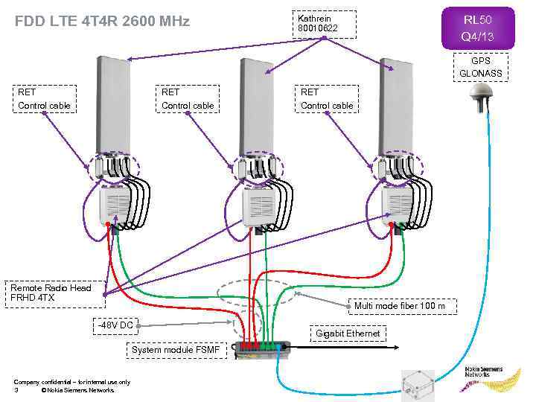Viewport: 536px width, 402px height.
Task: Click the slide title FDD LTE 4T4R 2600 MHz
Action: pyautogui.click(x=102, y=22)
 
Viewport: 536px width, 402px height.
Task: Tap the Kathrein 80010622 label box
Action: pyautogui.click(x=324, y=24)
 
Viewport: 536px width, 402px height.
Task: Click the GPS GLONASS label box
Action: pyautogui.click(x=480, y=67)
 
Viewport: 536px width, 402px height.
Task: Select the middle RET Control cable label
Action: pyautogui.click(x=188, y=99)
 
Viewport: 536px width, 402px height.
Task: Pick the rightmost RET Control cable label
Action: pyautogui.click(x=327, y=99)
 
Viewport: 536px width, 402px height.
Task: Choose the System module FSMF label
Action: pyautogui.click(x=176, y=350)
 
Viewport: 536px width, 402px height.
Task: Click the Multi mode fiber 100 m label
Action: pyautogui.click(x=400, y=305)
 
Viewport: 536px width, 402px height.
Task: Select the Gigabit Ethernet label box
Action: pyautogui.click(x=348, y=334)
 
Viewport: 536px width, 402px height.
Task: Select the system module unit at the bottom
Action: pyautogui.click(x=261, y=347)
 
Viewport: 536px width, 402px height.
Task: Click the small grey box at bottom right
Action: pyautogui.click(x=418, y=384)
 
